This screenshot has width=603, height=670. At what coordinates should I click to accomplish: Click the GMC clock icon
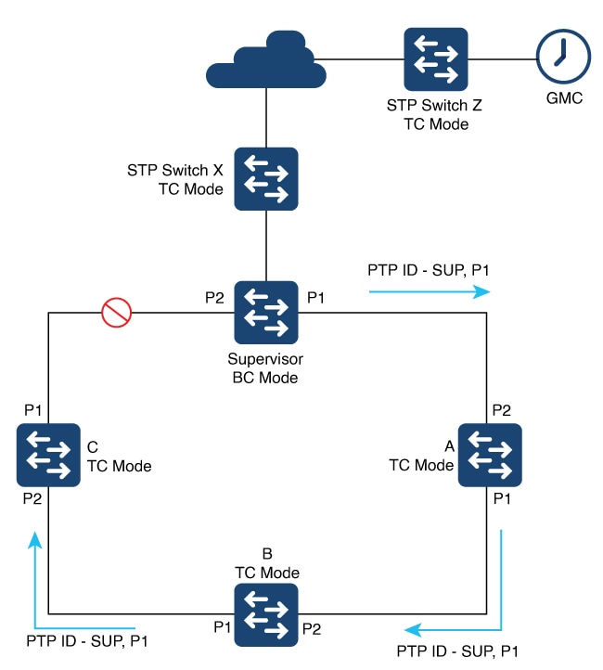(562, 58)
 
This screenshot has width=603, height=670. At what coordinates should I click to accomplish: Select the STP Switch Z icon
(436, 58)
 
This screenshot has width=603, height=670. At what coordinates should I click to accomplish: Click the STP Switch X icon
(266, 178)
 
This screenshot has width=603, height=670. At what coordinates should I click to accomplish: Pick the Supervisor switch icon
(266, 313)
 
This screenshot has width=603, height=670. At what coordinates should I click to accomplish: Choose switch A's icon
(490, 455)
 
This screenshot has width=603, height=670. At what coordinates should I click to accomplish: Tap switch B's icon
(266, 614)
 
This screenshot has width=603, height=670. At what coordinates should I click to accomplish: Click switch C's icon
(47, 455)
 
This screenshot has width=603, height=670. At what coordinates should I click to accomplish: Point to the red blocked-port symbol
(117, 314)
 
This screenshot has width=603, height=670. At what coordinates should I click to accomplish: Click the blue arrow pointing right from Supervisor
(429, 290)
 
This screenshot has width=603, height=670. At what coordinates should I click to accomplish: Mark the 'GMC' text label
(563, 99)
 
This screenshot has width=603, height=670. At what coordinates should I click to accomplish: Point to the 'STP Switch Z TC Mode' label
(436, 115)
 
